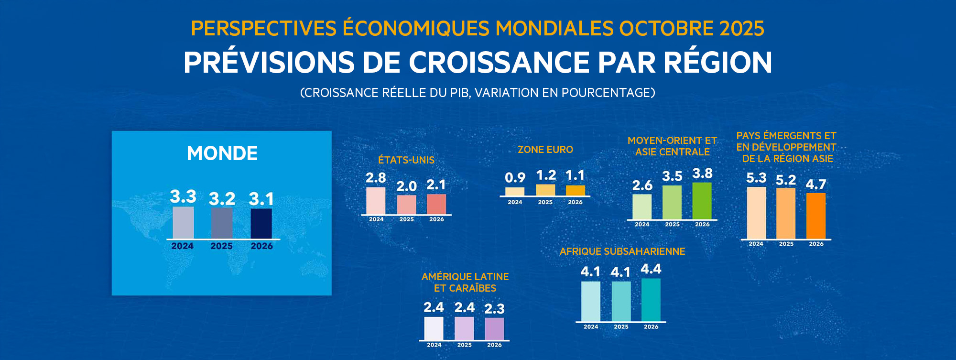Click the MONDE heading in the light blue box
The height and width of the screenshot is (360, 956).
click(x=222, y=153)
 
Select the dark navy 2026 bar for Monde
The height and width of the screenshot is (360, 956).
click(x=261, y=223)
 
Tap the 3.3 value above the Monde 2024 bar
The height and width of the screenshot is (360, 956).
click(x=183, y=196)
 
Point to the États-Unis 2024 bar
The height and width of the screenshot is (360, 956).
click(x=376, y=201)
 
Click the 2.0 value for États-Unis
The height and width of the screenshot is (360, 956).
click(x=406, y=186)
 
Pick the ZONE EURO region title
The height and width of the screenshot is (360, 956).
click(x=545, y=150)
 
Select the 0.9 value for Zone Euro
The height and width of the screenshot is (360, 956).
click(x=515, y=178)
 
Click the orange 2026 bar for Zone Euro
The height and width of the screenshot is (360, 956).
click(x=576, y=190)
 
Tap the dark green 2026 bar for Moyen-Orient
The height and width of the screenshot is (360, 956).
click(x=702, y=201)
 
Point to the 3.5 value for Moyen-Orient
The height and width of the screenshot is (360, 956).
click(x=672, y=176)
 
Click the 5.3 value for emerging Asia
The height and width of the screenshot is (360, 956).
click(x=756, y=178)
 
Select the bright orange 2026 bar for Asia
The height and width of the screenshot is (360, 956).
click(x=816, y=216)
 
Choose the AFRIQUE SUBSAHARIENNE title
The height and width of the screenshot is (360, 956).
click(x=622, y=251)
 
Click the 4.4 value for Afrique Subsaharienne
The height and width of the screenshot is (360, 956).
click(x=651, y=269)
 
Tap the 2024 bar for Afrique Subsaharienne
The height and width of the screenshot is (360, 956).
click(x=591, y=301)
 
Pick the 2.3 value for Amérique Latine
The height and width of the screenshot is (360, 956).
click(x=494, y=309)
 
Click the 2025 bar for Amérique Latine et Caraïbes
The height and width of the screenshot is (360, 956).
click(x=464, y=328)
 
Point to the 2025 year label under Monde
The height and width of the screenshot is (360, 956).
click(x=221, y=246)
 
